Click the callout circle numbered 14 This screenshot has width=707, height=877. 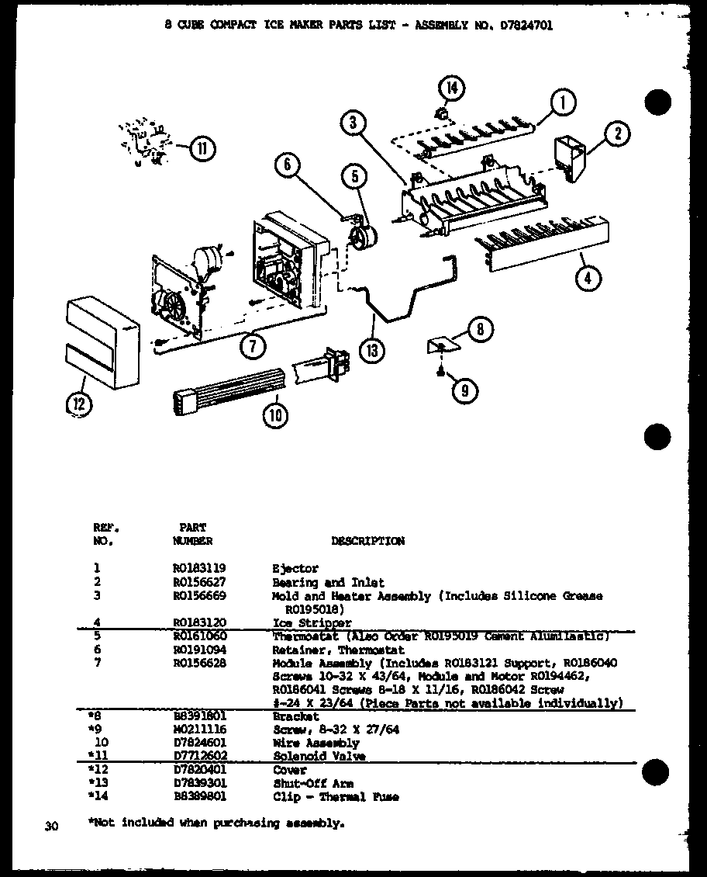coord(451,89)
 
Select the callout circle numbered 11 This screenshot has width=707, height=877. coord(202,147)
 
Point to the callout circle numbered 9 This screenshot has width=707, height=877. coord(464,390)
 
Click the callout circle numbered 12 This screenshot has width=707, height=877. coord(79,404)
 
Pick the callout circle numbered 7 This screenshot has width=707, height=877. coord(253,348)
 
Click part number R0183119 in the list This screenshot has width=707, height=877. coord(199,569)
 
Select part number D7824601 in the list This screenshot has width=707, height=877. coord(199,743)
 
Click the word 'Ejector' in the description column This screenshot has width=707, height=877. coord(295,569)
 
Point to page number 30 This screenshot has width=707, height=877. coord(52,827)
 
